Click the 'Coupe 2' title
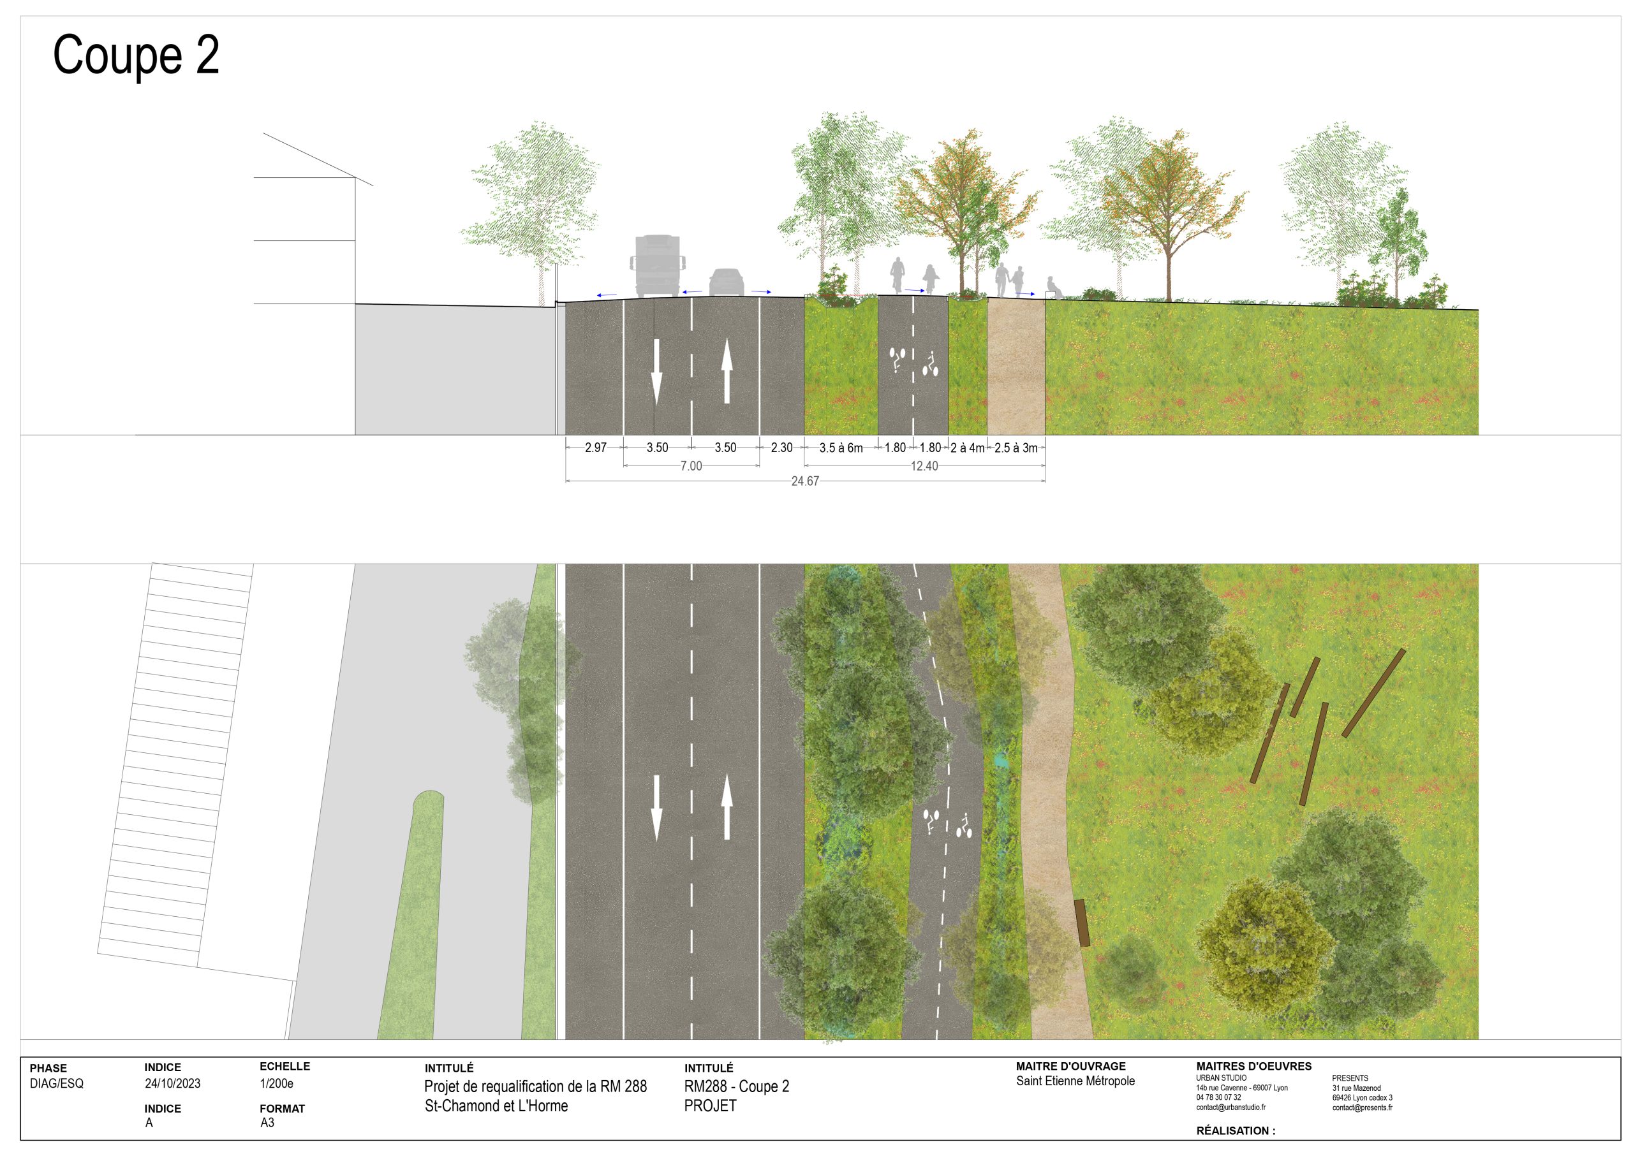pos(136,56)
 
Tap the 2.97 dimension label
pos(595,447)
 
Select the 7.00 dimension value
pos(691,465)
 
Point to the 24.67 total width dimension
pos(805,481)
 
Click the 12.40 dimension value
pos(924,465)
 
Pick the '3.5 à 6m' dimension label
pos(841,447)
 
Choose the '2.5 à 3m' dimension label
pos(1016,447)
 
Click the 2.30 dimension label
pos(781,447)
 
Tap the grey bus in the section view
pos(657,266)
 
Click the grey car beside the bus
pos(726,282)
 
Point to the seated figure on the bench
pos(1052,288)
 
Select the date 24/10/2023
pos(173,1084)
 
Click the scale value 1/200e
pos(277,1084)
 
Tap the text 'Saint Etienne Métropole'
pos(1075,1081)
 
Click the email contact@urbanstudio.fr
pos(1230,1107)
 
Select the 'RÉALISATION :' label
pos(1236,1130)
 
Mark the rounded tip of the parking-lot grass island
pos(428,792)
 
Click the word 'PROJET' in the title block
pos(710,1106)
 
